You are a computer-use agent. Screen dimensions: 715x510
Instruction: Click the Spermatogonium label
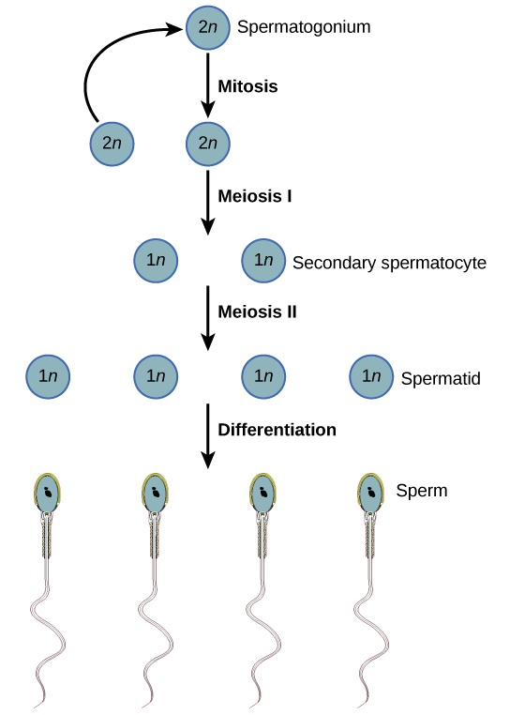point(304,26)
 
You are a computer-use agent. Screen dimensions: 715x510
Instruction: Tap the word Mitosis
point(248,85)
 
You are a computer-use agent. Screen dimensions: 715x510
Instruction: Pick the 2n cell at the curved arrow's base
point(112,145)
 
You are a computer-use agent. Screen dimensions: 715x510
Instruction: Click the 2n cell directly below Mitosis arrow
point(207,145)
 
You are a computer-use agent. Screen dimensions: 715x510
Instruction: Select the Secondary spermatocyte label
point(389,263)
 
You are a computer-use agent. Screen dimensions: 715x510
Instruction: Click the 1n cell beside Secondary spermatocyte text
point(262,261)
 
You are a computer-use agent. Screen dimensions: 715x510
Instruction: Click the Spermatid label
point(441,379)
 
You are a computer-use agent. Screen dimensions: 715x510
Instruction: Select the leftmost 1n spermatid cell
point(49,376)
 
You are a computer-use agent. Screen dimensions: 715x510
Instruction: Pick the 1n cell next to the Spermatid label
point(371,376)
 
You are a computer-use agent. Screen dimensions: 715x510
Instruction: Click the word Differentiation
point(277,430)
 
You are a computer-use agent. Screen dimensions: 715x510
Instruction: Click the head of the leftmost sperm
point(47,493)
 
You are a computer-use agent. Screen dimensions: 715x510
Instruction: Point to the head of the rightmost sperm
point(371,493)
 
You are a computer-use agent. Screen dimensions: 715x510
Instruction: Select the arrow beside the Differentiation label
point(207,437)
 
